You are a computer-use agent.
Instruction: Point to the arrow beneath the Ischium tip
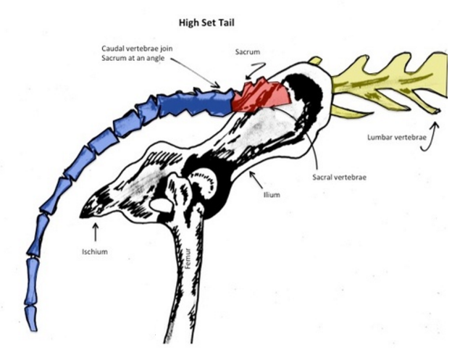pyautogui.click(x=95, y=233)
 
